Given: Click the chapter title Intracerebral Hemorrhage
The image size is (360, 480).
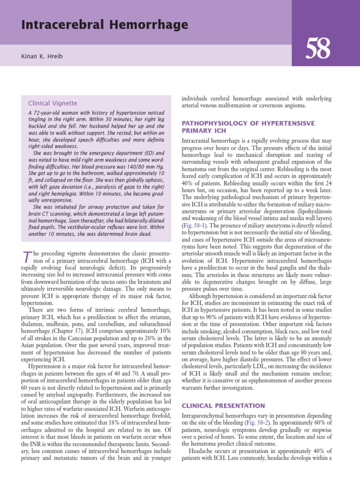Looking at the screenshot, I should (105, 25).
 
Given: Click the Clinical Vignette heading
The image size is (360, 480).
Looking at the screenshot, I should (53, 103).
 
